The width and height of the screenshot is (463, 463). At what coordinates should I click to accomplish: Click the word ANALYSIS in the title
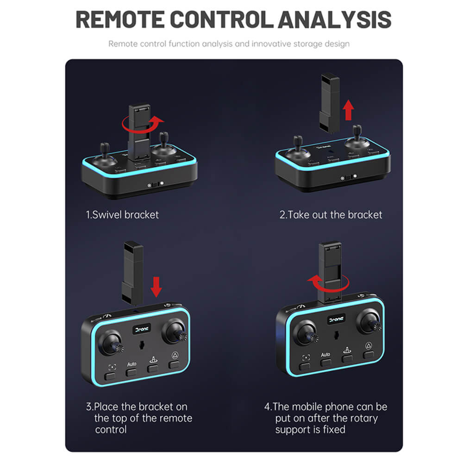tap(335, 19)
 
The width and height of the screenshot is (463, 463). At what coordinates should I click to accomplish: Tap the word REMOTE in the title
tap(120, 19)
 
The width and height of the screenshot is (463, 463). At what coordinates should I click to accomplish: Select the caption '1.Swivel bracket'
tap(122, 215)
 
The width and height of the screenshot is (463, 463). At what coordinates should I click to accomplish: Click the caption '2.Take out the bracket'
tap(331, 215)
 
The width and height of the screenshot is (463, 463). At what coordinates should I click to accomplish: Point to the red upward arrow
tap(349, 110)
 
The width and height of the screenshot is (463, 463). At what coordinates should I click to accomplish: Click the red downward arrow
tap(156, 287)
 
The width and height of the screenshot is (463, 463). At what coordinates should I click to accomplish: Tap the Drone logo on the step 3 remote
tap(142, 329)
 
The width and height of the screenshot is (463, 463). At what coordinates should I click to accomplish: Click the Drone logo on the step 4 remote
tap(336, 319)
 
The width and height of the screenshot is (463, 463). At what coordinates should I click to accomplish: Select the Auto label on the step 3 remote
tap(131, 364)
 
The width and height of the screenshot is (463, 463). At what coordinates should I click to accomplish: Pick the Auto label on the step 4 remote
tap(325, 354)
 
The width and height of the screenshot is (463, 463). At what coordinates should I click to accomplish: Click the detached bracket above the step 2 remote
tap(330, 103)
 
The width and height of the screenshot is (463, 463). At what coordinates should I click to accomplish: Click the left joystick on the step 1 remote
tap(105, 156)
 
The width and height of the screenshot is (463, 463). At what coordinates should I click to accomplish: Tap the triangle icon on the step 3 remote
tap(175, 355)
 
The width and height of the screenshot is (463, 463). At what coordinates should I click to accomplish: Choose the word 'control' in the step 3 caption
tap(111, 430)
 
